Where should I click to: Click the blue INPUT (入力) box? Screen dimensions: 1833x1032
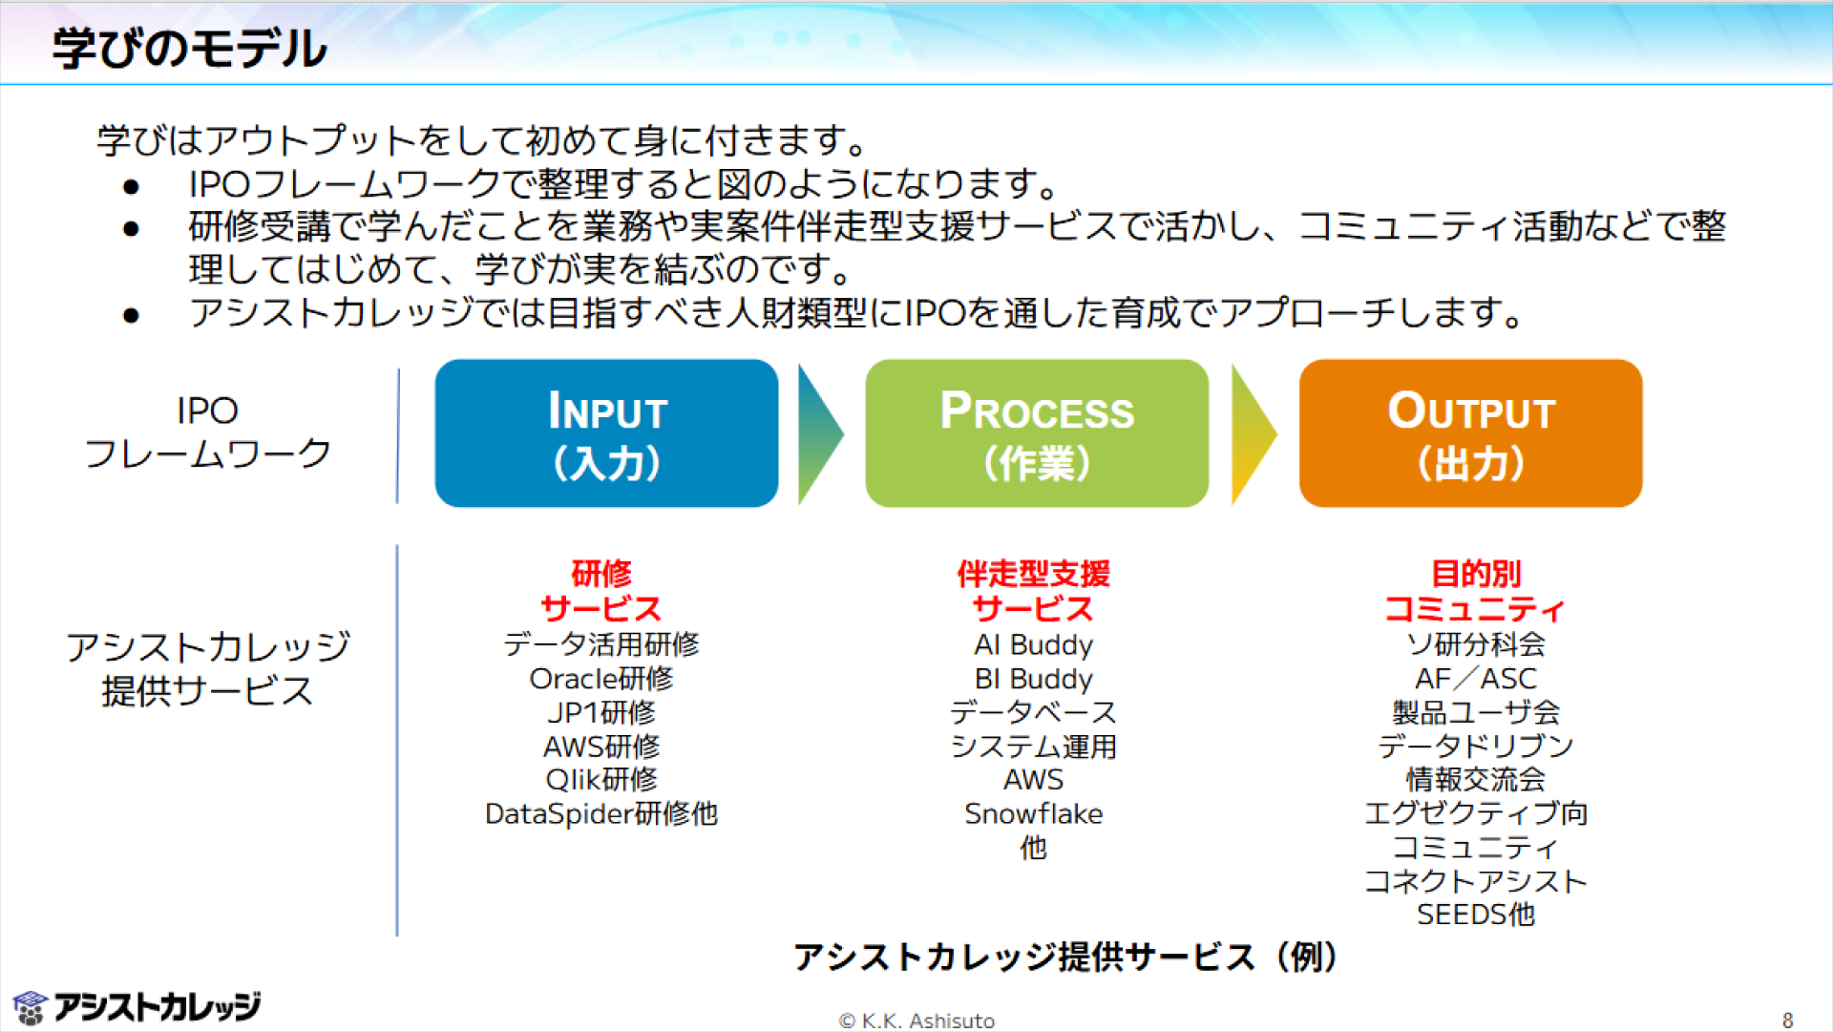click(x=606, y=433)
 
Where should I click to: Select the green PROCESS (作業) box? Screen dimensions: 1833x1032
click(x=1037, y=433)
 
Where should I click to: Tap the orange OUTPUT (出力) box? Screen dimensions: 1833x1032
click(x=1470, y=433)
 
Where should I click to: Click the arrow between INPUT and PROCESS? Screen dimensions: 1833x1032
click(x=820, y=433)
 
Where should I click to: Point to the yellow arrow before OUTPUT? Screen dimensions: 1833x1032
click(x=1254, y=433)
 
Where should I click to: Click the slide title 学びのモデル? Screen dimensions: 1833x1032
click(x=190, y=48)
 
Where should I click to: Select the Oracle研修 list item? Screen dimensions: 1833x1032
click(x=601, y=679)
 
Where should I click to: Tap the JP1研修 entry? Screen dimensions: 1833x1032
click(x=601, y=712)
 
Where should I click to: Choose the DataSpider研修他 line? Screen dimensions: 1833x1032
click(x=601, y=813)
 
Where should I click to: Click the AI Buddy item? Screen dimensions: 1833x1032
click(x=1034, y=645)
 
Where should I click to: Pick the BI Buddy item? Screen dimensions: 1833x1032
click(x=1034, y=679)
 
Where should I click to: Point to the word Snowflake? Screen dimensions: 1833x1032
click(x=1034, y=813)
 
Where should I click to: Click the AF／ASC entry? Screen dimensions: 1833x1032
click(x=1476, y=679)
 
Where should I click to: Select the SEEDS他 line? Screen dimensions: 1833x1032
click(x=1476, y=915)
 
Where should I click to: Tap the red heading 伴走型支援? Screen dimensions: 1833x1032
click(x=1034, y=574)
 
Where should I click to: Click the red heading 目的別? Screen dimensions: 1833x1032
click(x=1476, y=574)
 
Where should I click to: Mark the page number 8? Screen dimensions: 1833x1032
click(x=1788, y=1021)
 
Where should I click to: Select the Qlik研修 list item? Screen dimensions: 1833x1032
click(x=601, y=780)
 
